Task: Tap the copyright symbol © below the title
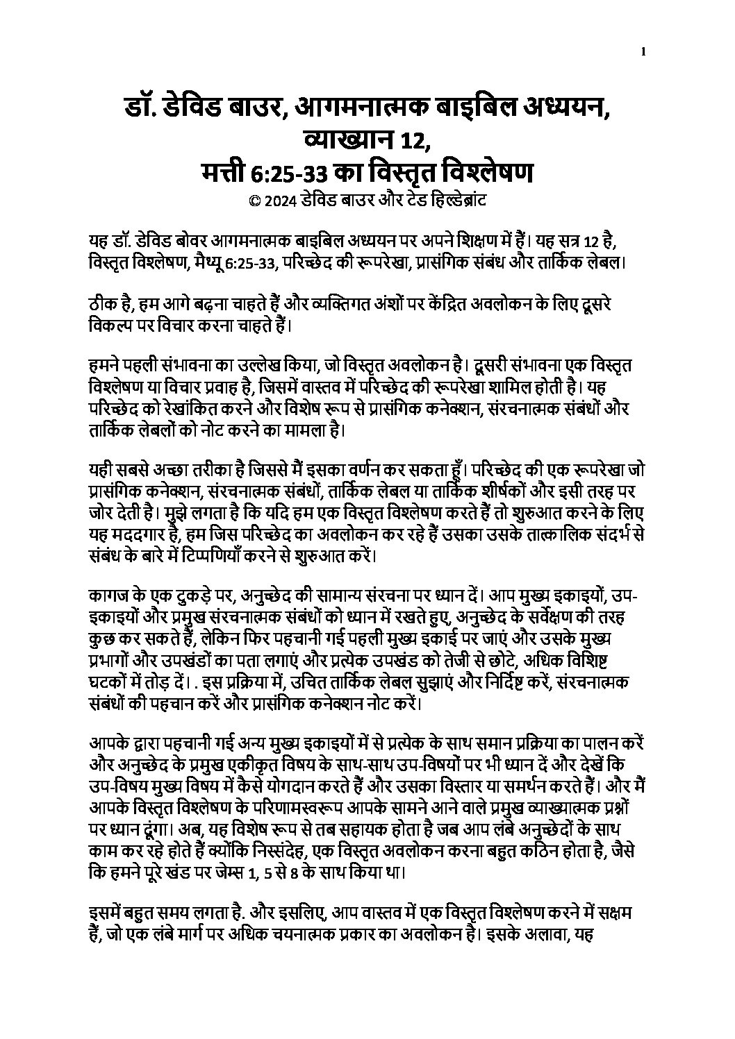(254, 200)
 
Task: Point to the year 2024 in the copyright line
(282, 200)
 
